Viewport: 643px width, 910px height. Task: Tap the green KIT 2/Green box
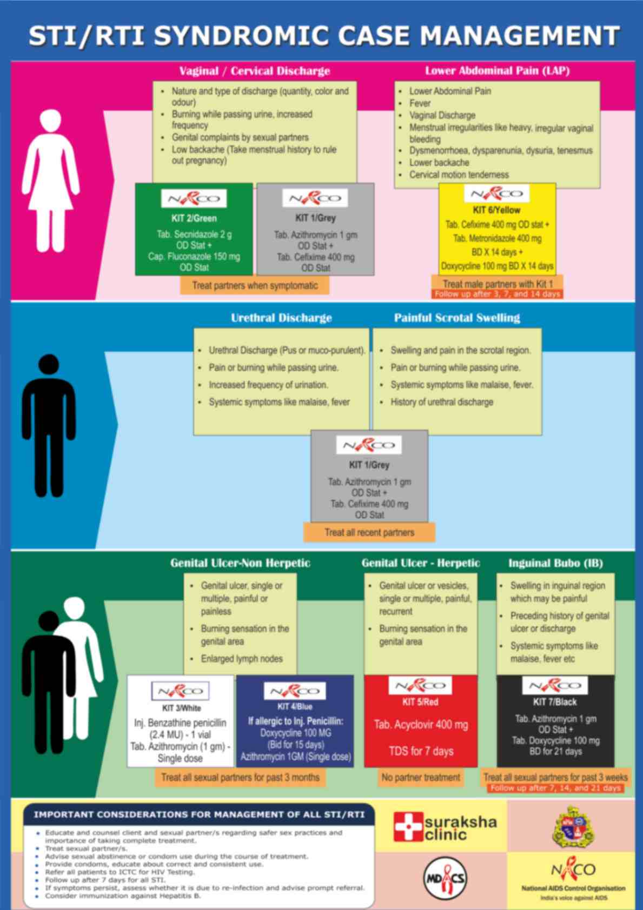[194, 230]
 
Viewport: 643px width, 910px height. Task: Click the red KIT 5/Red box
[421, 721]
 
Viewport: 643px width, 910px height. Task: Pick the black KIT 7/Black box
[555, 721]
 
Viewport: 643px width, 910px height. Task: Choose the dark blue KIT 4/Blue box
[295, 721]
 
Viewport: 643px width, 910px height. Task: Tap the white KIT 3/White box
[181, 721]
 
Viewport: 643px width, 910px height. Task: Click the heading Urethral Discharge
[281, 318]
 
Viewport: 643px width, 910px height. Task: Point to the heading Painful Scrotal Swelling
[457, 318]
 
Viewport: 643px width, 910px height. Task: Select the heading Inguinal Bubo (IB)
[555, 563]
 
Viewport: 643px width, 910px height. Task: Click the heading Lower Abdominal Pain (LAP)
[497, 71]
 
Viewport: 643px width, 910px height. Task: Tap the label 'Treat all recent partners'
[369, 532]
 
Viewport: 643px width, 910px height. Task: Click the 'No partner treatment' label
[421, 777]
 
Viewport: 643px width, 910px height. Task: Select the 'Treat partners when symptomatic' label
[255, 285]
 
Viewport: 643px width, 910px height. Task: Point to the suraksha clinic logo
[445, 827]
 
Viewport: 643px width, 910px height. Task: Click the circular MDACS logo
[444, 878]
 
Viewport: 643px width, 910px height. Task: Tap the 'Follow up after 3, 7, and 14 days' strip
[497, 294]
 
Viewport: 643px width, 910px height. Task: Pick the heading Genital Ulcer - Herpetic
[421, 563]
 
